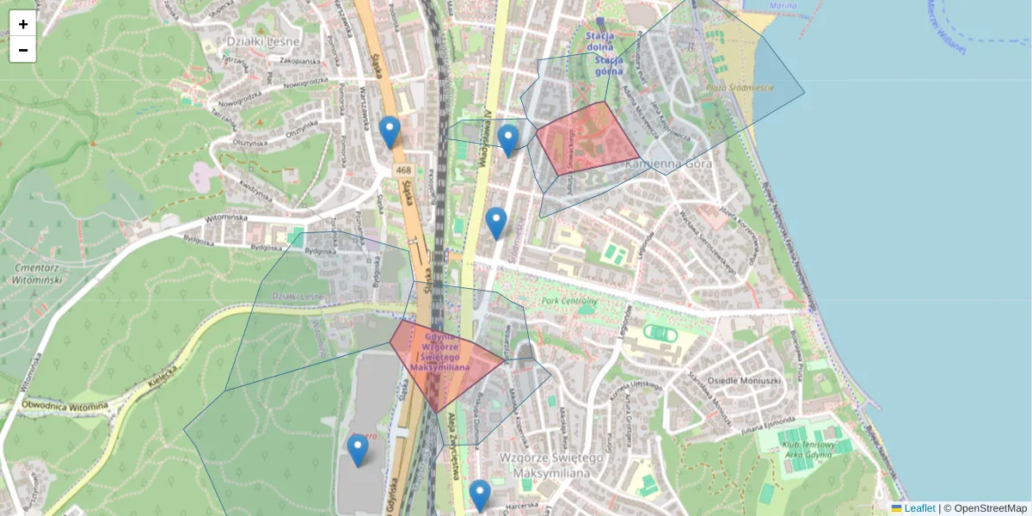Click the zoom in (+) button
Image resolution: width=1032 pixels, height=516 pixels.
[23, 24]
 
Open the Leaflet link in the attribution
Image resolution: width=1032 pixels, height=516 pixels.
[918, 508]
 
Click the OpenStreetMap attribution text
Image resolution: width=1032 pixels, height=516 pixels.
[990, 508]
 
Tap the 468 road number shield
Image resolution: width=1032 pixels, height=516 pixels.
[402, 171]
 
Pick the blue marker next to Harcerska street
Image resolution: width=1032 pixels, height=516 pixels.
[480, 495]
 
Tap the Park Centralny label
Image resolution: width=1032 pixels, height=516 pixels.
[569, 302]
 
